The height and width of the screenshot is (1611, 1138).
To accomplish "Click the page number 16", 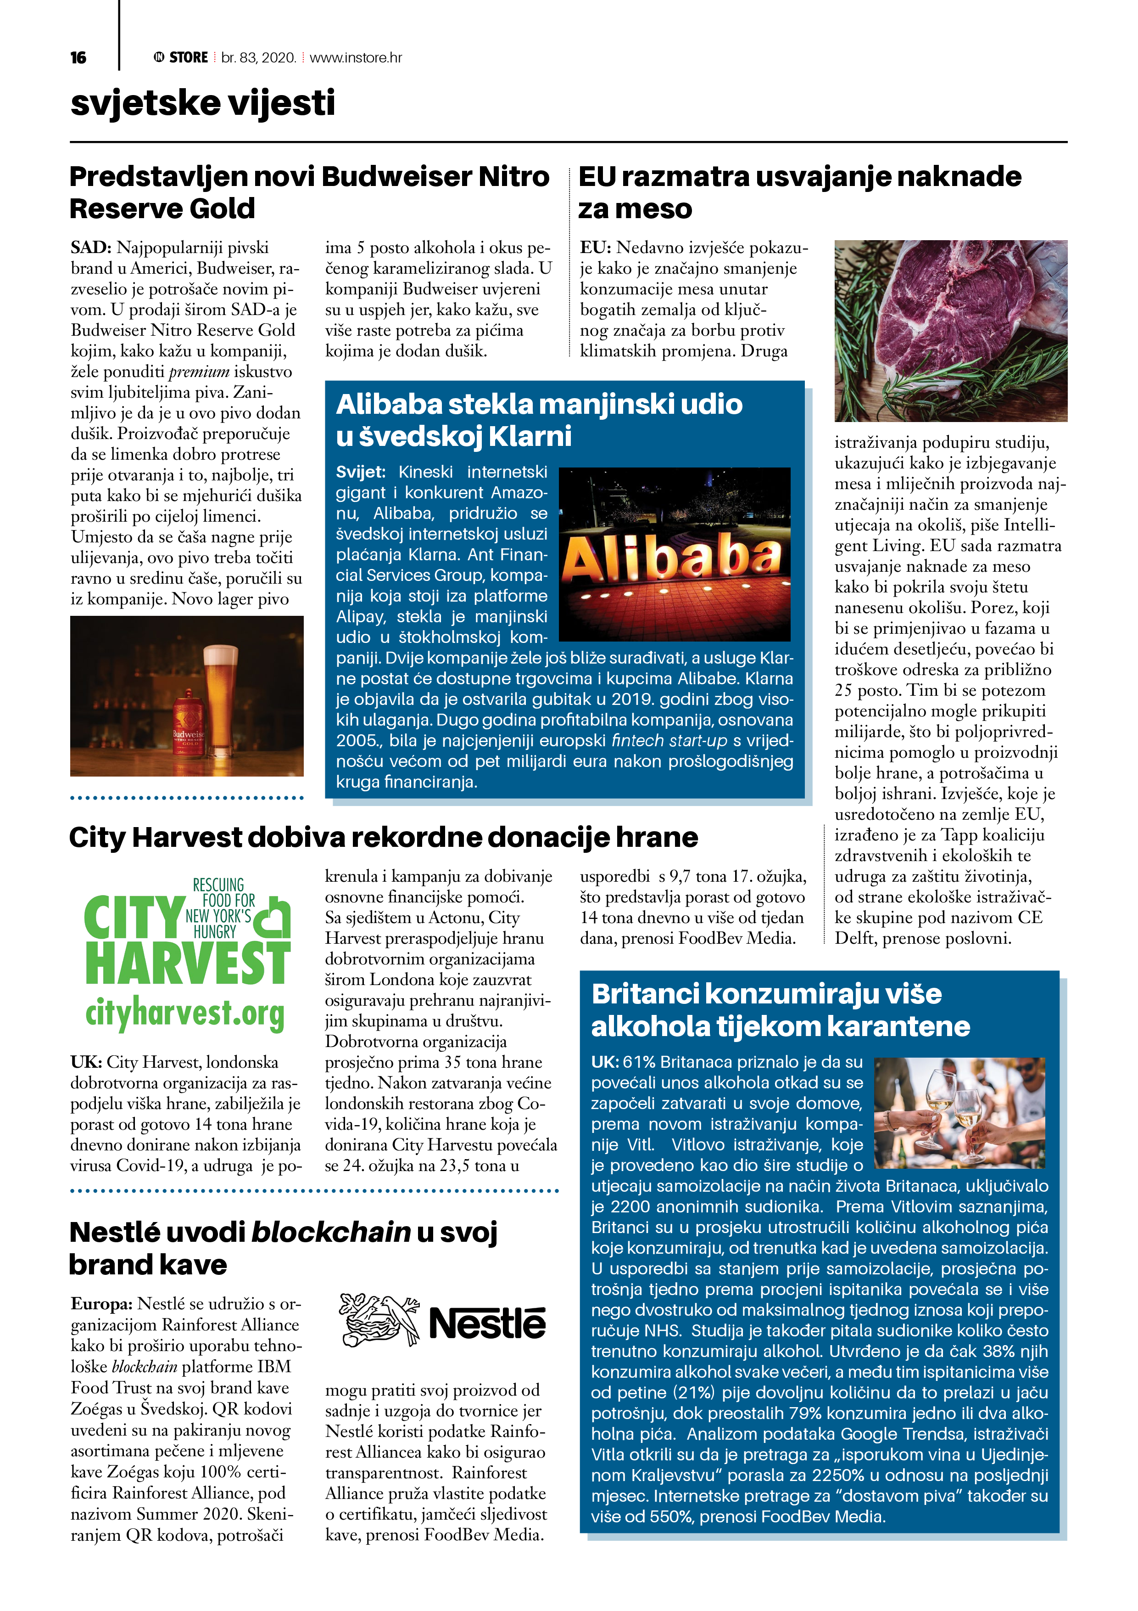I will pyautogui.click(x=78, y=57).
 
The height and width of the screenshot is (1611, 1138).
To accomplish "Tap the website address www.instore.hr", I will pyautogui.click(x=356, y=57).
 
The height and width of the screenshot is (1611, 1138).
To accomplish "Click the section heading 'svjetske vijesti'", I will pyautogui.click(x=203, y=103).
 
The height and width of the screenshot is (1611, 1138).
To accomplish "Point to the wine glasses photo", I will pyautogui.click(x=959, y=1112).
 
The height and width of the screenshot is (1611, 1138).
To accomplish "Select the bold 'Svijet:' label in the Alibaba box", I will pyautogui.click(x=360, y=472).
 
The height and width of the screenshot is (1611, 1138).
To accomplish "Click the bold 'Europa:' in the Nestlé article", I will pyautogui.click(x=102, y=1304).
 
